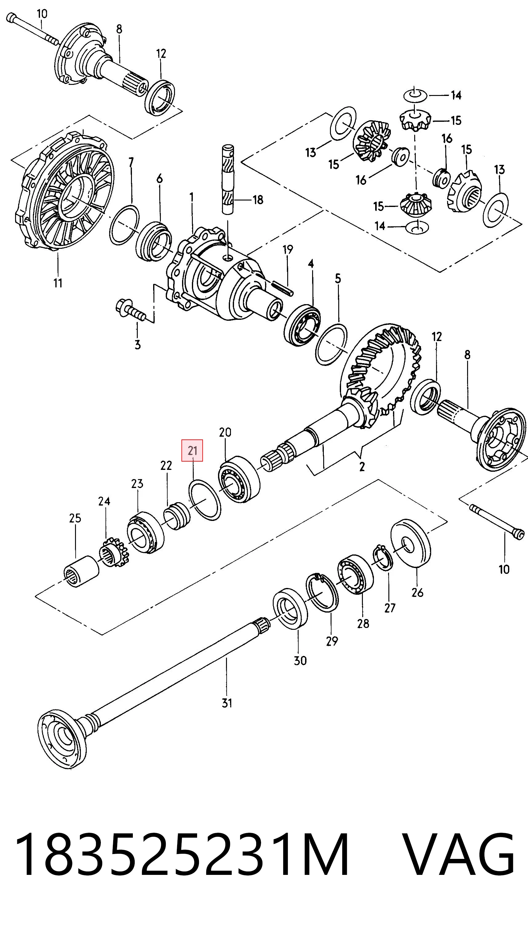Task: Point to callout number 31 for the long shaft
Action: coord(227,703)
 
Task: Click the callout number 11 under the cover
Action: coord(58,283)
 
